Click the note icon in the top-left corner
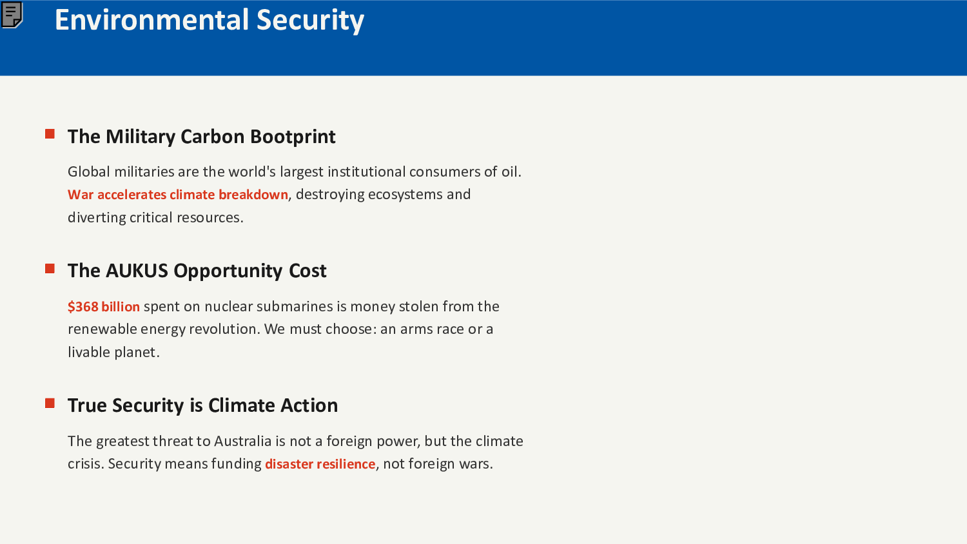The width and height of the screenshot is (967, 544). (12, 15)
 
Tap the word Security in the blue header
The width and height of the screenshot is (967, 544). (310, 21)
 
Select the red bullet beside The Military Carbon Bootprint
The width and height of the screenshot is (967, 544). (50, 134)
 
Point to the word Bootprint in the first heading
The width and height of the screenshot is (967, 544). (293, 137)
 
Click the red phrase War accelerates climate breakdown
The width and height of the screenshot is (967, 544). (178, 195)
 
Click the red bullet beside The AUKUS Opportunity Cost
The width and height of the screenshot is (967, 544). (50, 269)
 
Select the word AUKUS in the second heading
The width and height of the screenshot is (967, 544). (137, 271)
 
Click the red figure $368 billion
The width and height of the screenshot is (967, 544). (104, 307)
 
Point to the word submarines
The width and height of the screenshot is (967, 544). (295, 307)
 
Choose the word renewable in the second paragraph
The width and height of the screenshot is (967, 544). (102, 329)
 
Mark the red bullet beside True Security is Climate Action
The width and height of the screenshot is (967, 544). (50, 403)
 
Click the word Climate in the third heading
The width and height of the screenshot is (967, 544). (242, 405)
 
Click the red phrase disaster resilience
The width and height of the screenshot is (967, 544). (320, 463)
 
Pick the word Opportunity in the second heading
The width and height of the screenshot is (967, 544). (228, 271)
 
